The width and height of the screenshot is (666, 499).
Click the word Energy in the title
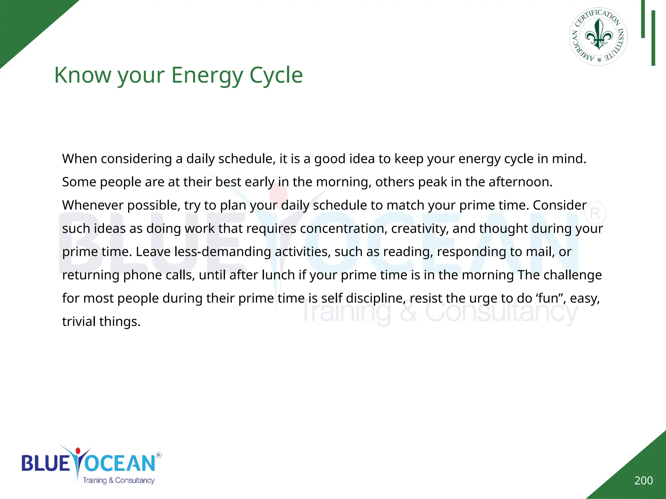pyautogui.click(x=207, y=75)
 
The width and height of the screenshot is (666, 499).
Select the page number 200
pyautogui.click(x=643, y=480)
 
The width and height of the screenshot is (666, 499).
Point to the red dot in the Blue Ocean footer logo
pyautogui.click(x=78, y=451)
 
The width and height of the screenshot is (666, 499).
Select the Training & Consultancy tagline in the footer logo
pyautogui.click(x=118, y=480)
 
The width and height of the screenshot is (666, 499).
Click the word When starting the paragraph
pyautogui.click(x=80, y=159)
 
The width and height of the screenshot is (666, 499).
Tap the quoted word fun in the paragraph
pyautogui.click(x=549, y=298)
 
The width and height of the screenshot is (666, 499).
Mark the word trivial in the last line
pyautogui.click(x=79, y=322)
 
